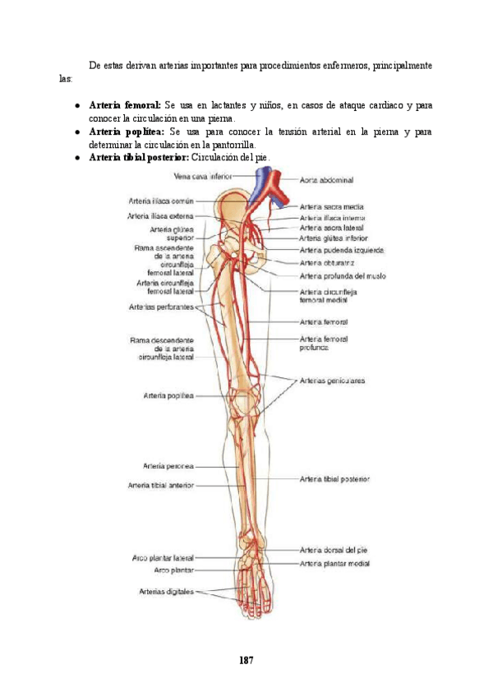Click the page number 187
click(x=246, y=660)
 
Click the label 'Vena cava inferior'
click(x=202, y=176)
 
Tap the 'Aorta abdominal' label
click(x=326, y=178)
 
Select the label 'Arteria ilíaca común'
click(x=160, y=200)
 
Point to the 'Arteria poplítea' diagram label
click(x=168, y=395)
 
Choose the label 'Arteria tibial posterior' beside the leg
click(x=334, y=478)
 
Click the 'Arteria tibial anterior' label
click(x=161, y=486)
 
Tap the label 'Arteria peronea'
click(x=168, y=466)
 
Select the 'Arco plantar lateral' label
click(x=163, y=557)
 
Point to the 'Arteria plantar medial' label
click(x=334, y=564)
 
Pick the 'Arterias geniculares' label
click(x=333, y=381)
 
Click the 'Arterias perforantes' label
click(x=161, y=307)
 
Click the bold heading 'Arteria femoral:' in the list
click(x=124, y=106)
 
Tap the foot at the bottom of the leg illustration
click(x=248, y=575)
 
